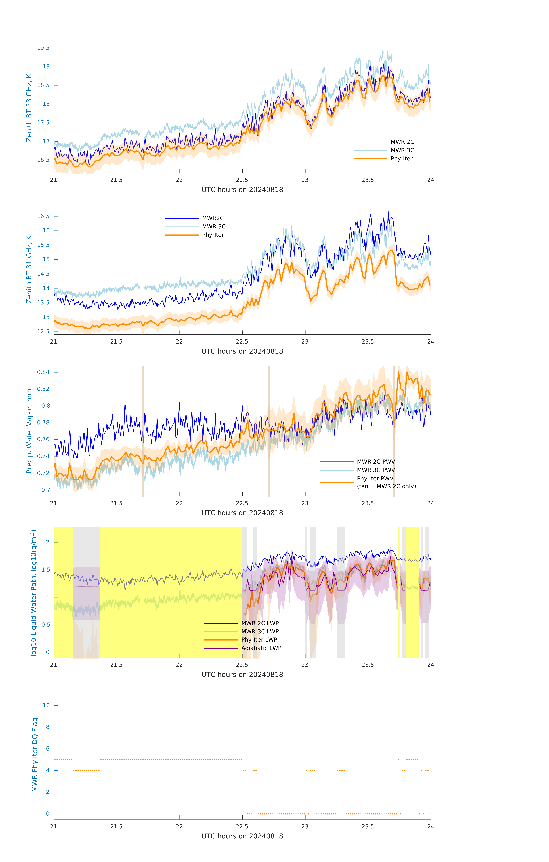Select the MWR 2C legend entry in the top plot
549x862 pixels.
click(402, 142)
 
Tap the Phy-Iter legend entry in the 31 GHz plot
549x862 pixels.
click(213, 235)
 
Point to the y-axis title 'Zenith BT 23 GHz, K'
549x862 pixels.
click(29, 108)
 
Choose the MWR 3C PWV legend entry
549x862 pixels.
click(375, 470)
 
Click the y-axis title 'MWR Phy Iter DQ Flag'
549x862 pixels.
click(35, 755)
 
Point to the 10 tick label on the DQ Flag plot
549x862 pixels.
click(46, 705)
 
